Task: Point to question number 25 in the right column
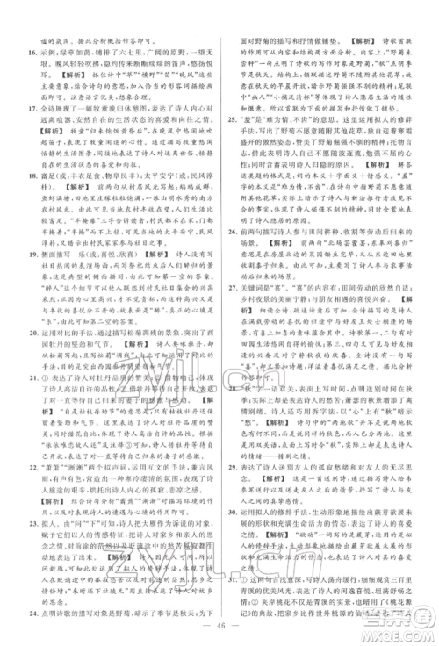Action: [233, 119]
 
